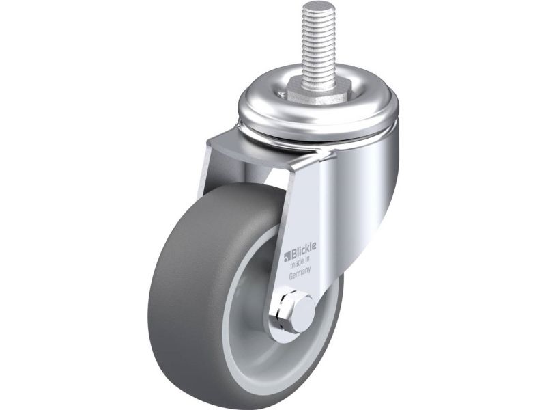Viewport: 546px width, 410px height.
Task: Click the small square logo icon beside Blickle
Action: pyautogui.click(x=287, y=258)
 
